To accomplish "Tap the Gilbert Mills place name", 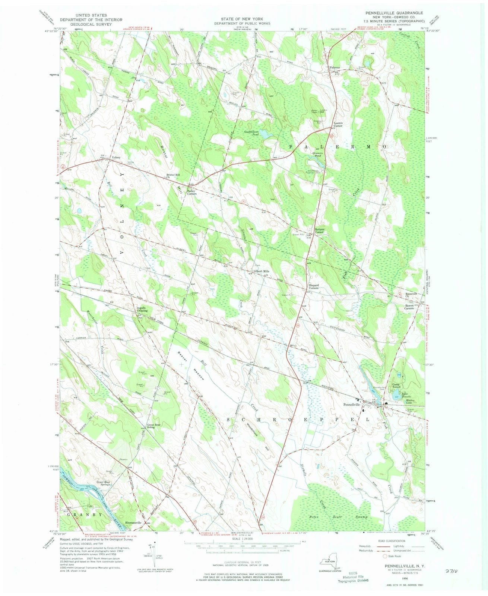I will pyautogui.click(x=262, y=271).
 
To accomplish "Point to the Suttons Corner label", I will pyautogui.click(x=319, y=230).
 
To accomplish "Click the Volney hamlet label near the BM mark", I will pyautogui.click(x=116, y=157).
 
